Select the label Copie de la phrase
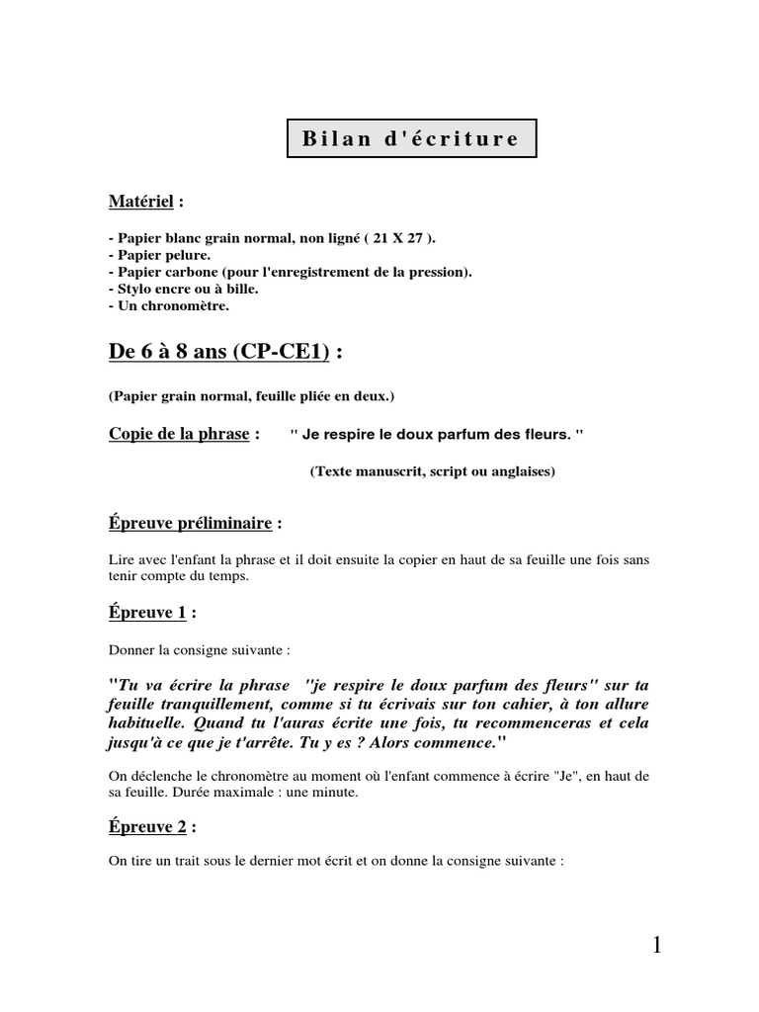(x=179, y=434)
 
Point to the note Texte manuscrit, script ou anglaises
(x=432, y=471)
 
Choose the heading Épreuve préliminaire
(x=187, y=522)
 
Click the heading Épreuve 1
(x=147, y=613)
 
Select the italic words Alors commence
(x=434, y=741)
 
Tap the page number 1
(x=656, y=946)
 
